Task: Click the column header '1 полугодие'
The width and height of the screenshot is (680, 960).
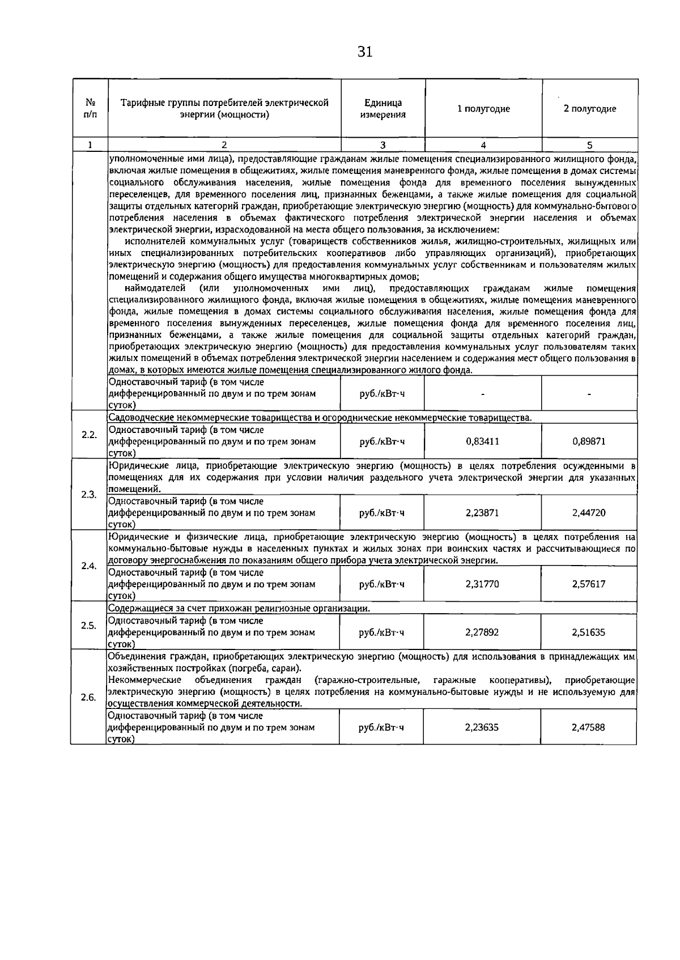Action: (483, 109)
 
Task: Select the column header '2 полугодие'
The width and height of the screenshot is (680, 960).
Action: (589, 109)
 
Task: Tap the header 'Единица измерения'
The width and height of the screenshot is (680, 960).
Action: (383, 109)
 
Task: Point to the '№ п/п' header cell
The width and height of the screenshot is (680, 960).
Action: (90, 109)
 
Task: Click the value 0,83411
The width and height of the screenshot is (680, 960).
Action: (482, 441)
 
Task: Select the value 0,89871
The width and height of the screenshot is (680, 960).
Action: (589, 441)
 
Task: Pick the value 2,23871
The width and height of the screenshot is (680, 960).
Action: (482, 513)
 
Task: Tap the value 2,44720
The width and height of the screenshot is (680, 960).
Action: (589, 513)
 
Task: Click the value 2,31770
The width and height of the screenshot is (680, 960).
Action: (482, 584)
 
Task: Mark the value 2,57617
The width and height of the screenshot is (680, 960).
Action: (589, 584)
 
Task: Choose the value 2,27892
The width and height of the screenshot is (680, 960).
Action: (482, 632)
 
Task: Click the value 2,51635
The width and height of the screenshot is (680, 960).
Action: (589, 632)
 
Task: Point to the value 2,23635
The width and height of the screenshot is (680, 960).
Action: (482, 727)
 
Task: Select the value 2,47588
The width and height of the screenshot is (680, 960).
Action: (588, 727)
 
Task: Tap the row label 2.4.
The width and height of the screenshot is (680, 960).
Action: (88, 566)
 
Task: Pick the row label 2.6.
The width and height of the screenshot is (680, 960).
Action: (88, 698)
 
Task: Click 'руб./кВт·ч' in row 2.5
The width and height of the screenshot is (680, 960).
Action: (382, 632)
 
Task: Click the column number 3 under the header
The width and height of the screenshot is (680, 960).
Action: (383, 145)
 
